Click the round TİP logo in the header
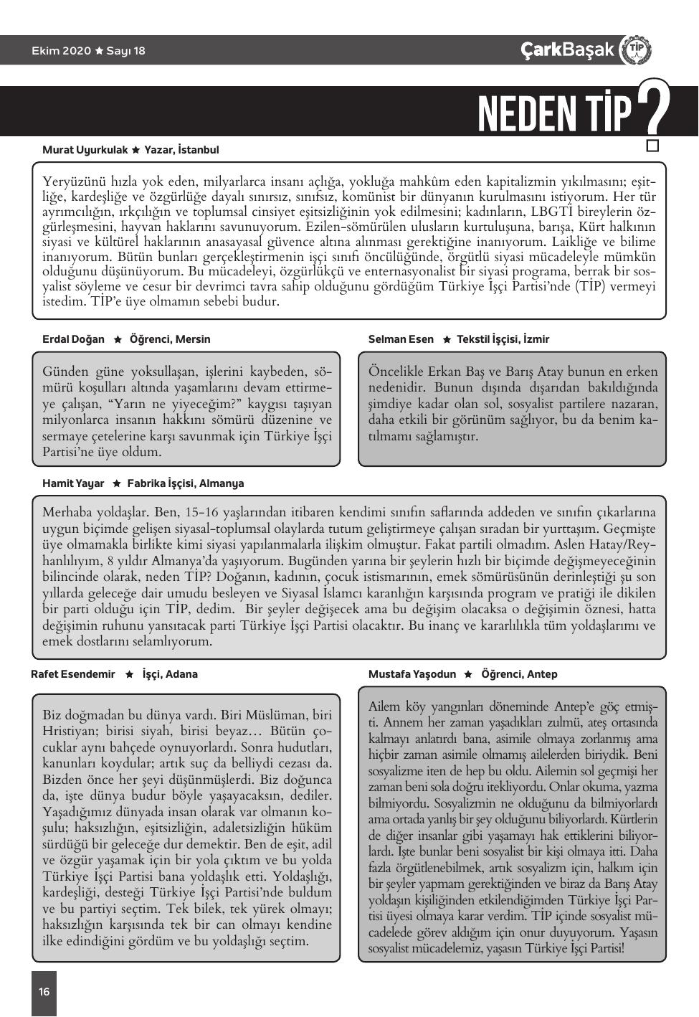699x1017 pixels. coord(635,49)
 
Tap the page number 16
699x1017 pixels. coord(44,991)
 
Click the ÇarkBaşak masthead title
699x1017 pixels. coord(568,49)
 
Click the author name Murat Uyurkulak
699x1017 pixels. coord(85,150)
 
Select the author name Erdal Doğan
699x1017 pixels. coord(73,339)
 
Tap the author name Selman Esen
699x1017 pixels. coord(401,339)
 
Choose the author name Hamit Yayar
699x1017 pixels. coord(73,483)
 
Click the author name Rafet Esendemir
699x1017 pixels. coord(73,674)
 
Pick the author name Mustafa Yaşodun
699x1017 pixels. coord(412,674)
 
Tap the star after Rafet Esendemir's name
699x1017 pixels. coord(129,674)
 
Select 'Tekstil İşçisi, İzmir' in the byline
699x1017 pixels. coord(503,339)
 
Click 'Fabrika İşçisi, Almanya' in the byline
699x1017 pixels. coord(186,483)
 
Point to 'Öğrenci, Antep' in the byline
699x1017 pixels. coord(519,674)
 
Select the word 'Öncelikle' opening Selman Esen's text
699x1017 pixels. coord(396,372)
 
